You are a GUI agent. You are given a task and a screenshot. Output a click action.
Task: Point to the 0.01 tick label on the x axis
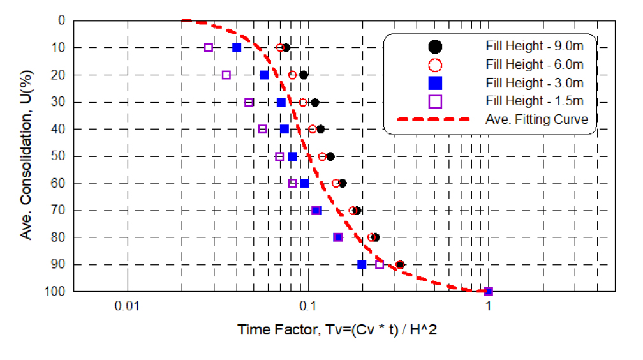(x=128, y=304)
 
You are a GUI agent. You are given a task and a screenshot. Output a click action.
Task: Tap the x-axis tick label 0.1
(x=308, y=304)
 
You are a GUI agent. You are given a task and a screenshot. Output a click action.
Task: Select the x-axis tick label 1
(x=489, y=304)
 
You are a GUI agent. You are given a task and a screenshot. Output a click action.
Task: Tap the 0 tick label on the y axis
(x=61, y=20)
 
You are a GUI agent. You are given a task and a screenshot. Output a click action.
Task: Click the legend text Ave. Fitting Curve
(x=536, y=119)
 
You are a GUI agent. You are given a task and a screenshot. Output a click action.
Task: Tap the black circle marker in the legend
(x=436, y=46)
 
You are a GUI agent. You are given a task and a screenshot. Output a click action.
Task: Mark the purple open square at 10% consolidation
(x=209, y=47)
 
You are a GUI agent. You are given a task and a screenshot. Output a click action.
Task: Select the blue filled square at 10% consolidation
(x=237, y=47)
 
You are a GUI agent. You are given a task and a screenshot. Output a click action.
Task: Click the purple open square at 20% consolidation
(x=226, y=75)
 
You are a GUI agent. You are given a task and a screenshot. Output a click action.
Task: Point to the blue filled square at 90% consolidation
(x=362, y=264)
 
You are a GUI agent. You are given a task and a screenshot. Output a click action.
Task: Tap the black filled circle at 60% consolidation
(x=343, y=183)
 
